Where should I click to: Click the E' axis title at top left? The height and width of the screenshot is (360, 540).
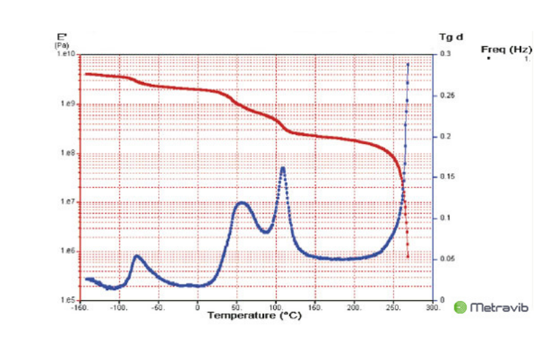(60, 37)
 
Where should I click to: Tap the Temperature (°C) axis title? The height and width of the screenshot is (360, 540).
(255, 315)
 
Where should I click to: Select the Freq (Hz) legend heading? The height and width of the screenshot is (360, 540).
(505, 49)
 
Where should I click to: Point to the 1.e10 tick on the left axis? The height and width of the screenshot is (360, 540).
(67, 54)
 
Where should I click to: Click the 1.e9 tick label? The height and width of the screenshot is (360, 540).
(69, 105)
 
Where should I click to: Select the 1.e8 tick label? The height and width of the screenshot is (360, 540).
(69, 154)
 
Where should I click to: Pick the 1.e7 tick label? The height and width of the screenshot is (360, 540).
(69, 202)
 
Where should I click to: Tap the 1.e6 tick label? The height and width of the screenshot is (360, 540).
(69, 251)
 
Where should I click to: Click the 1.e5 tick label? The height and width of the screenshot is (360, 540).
(69, 300)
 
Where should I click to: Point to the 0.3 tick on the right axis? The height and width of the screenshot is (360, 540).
(445, 54)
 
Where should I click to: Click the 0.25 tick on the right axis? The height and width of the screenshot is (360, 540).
(446, 95)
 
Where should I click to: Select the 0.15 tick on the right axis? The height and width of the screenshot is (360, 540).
(446, 177)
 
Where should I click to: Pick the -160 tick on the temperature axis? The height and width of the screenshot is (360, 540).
(80, 307)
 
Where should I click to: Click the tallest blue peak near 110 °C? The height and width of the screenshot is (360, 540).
(283, 168)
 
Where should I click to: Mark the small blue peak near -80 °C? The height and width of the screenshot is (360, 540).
(137, 256)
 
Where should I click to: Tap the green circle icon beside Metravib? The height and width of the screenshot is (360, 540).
(461, 308)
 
